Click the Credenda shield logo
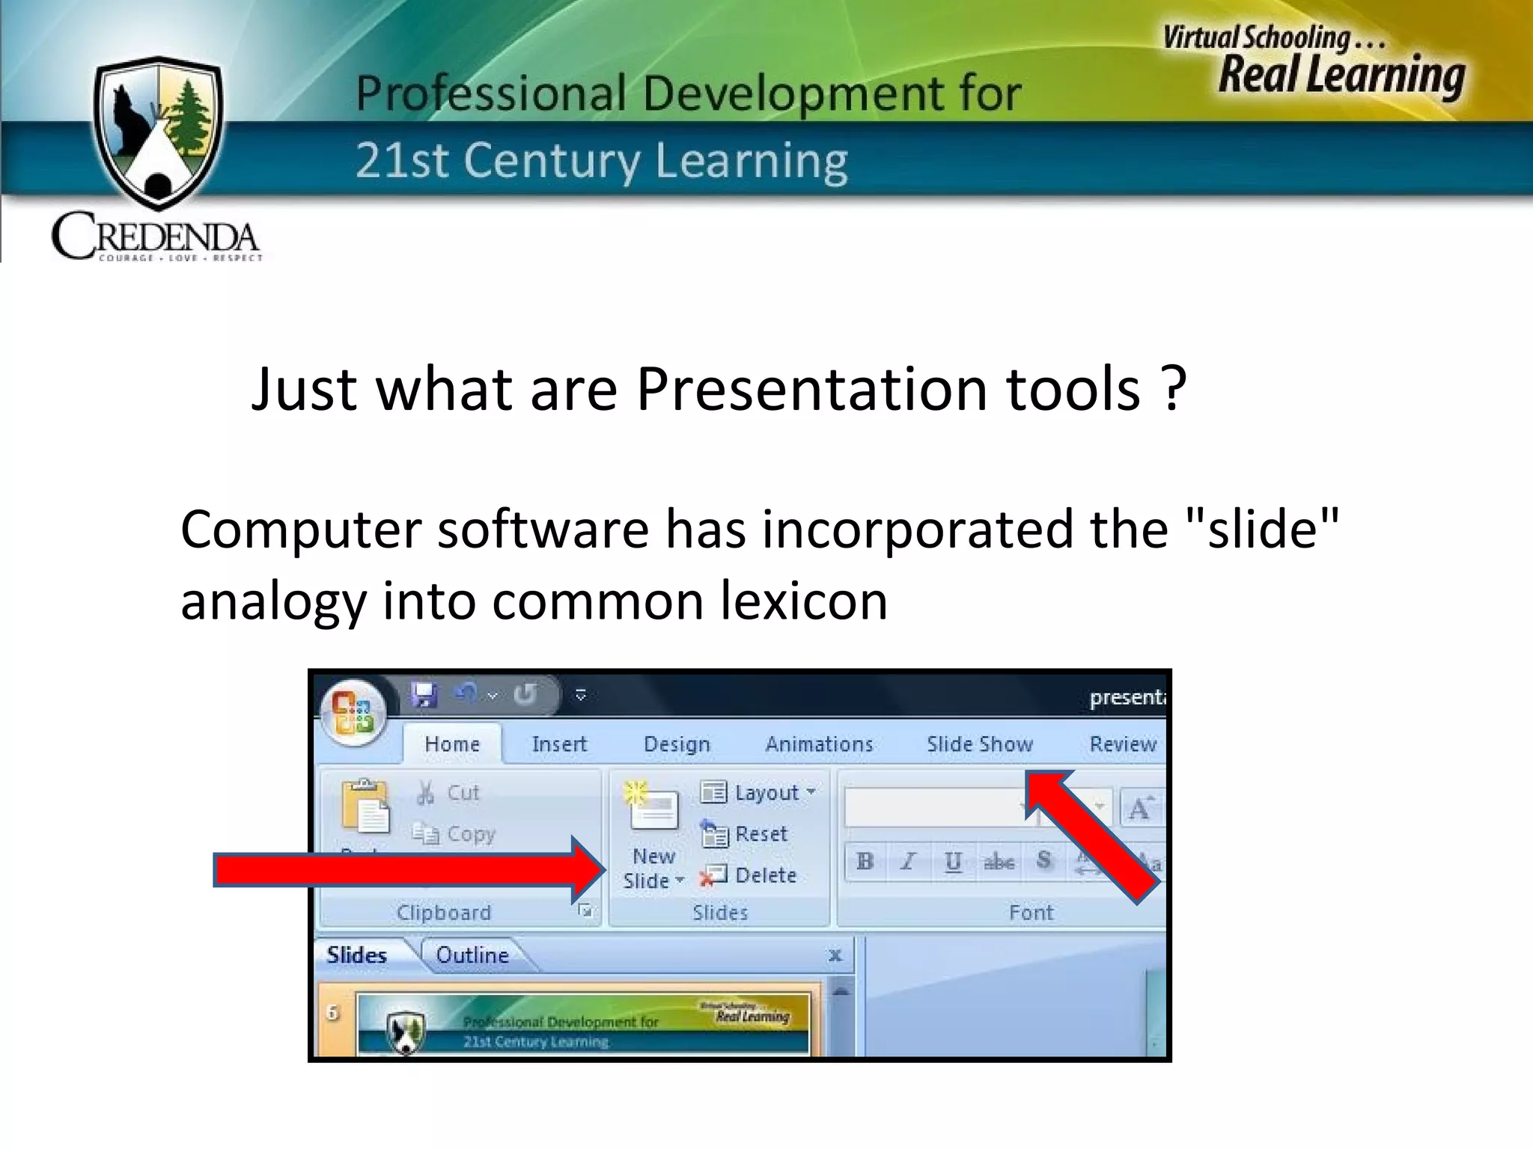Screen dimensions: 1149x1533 tap(158, 133)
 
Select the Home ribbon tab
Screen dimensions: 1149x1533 tap(452, 744)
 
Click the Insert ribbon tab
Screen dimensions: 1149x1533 tap(559, 744)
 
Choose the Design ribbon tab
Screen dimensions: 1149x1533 tap(677, 744)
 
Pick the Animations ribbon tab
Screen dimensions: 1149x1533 tap(819, 744)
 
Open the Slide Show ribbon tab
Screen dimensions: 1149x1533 tap(979, 744)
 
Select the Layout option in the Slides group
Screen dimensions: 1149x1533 tap(758, 793)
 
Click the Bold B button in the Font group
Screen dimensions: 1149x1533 tap(865, 862)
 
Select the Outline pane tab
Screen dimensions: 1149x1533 tap(472, 955)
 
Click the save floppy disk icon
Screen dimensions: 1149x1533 tap(424, 695)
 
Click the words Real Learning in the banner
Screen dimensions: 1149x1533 tap(1340, 75)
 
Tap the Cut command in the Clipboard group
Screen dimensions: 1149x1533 tap(449, 793)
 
